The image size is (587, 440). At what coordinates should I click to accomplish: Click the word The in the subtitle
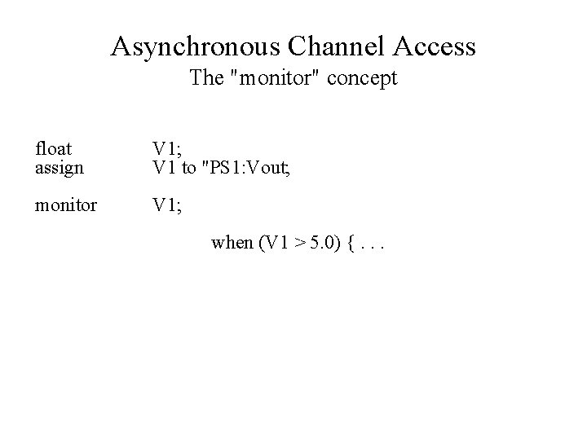click(x=205, y=79)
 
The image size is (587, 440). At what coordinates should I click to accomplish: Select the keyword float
click(x=53, y=148)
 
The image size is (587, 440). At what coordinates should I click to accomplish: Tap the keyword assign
click(x=60, y=169)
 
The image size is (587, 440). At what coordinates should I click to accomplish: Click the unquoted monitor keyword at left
click(x=65, y=205)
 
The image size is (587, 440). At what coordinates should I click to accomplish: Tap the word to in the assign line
click(x=188, y=169)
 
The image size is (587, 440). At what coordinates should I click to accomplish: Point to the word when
click(x=232, y=242)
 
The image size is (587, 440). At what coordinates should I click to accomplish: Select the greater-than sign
click(x=301, y=242)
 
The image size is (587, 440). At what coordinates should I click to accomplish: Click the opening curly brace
click(x=351, y=242)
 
